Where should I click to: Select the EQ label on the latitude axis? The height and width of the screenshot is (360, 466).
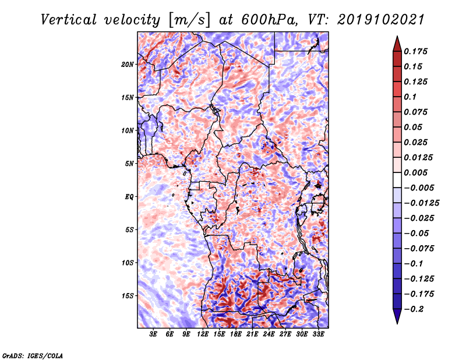129,196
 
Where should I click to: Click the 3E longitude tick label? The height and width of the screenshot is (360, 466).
154,334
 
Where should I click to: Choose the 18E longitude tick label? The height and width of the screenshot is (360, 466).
236,334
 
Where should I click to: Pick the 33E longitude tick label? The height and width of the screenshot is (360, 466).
318,334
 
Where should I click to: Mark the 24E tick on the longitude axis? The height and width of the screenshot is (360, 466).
269,334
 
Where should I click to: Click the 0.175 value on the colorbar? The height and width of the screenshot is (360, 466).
417,51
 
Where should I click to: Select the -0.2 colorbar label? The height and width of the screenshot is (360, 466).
416,309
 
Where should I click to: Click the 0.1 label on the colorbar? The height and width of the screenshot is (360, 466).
410,97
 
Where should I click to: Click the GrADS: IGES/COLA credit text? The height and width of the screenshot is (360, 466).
32,355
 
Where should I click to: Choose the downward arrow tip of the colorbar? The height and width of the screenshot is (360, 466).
397,322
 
